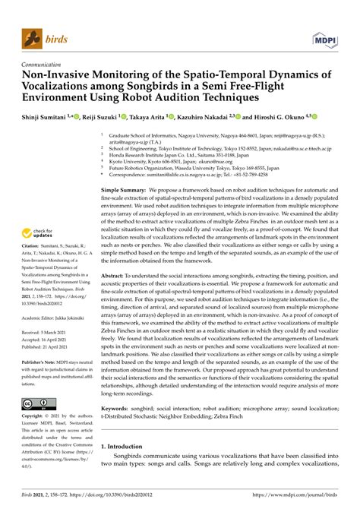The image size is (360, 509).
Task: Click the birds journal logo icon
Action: click(x=32, y=36)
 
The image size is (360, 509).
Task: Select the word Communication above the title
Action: click(x=45, y=65)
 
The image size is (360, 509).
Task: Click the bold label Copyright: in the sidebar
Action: click(x=36, y=416)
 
